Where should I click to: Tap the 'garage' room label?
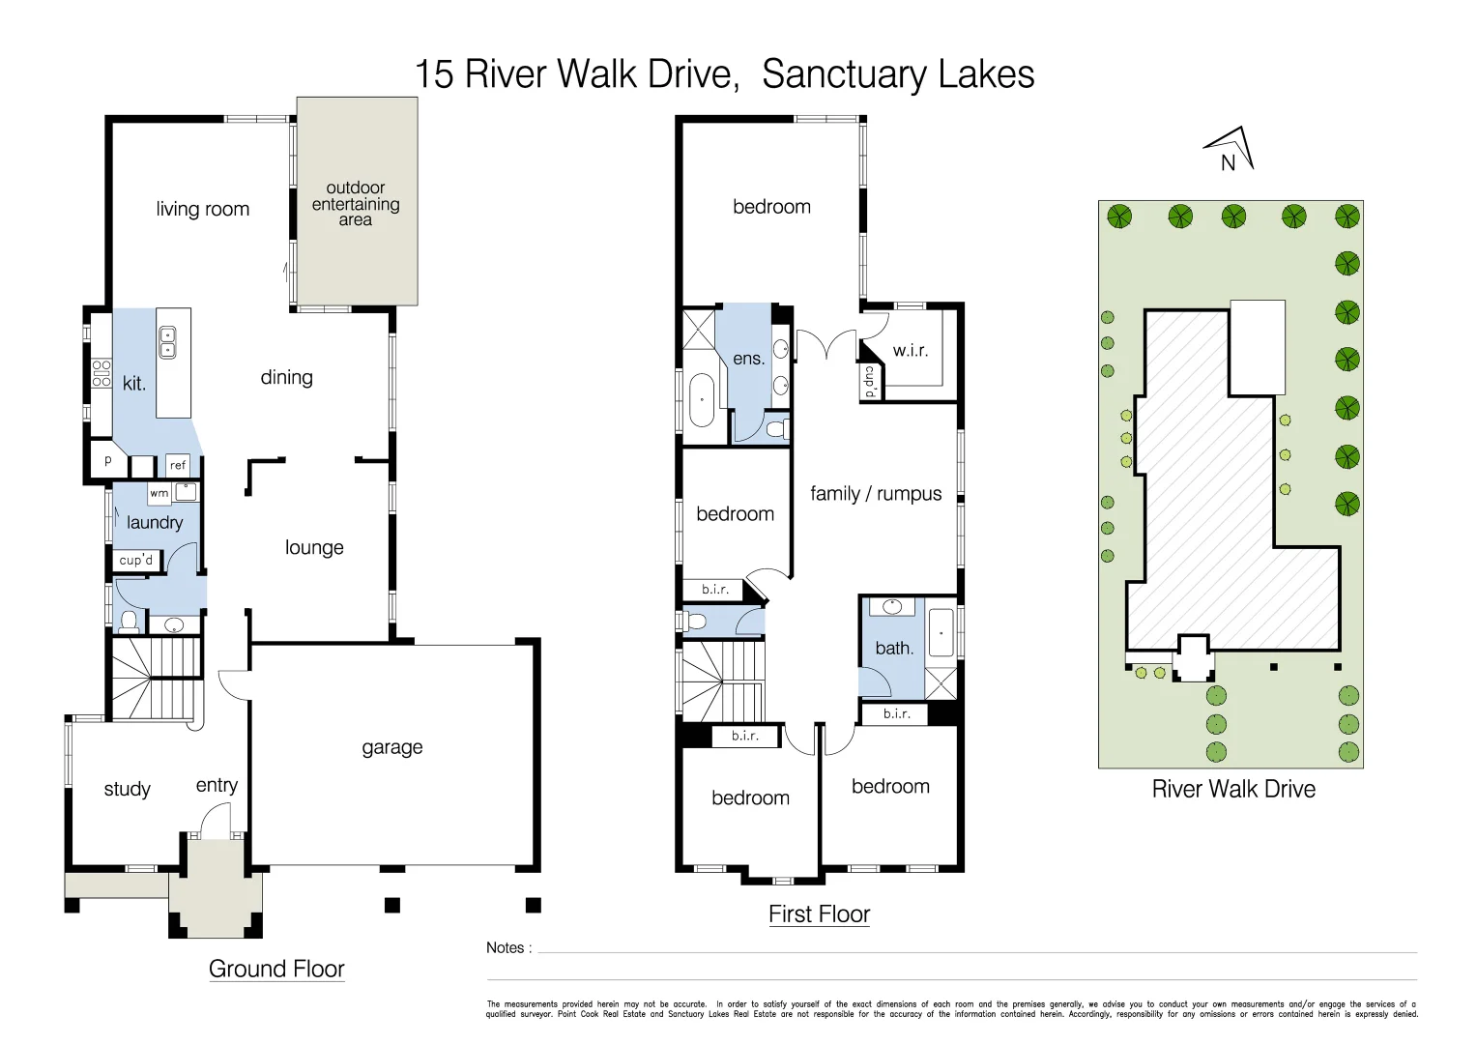[391, 747]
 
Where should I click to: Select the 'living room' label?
[202, 209]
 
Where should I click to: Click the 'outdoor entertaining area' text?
[355, 203]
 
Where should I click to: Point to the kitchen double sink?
[167, 342]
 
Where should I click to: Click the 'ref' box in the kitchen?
[178, 465]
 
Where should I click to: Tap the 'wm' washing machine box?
[159, 493]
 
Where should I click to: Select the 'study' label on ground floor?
[127, 789]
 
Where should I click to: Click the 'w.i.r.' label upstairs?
[910, 350]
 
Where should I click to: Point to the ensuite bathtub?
[701, 399]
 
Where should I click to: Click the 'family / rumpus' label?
[875, 494]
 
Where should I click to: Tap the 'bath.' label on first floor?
[893, 648]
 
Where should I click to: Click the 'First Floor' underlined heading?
[819, 914]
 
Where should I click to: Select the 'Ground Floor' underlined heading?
[276, 970]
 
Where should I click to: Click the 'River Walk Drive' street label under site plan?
[1232, 789]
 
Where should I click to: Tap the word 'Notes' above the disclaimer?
[506, 948]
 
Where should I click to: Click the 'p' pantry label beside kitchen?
[107, 461]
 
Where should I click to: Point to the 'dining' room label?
[286, 377]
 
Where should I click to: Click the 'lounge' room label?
[314, 547]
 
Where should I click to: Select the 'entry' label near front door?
[217, 785]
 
